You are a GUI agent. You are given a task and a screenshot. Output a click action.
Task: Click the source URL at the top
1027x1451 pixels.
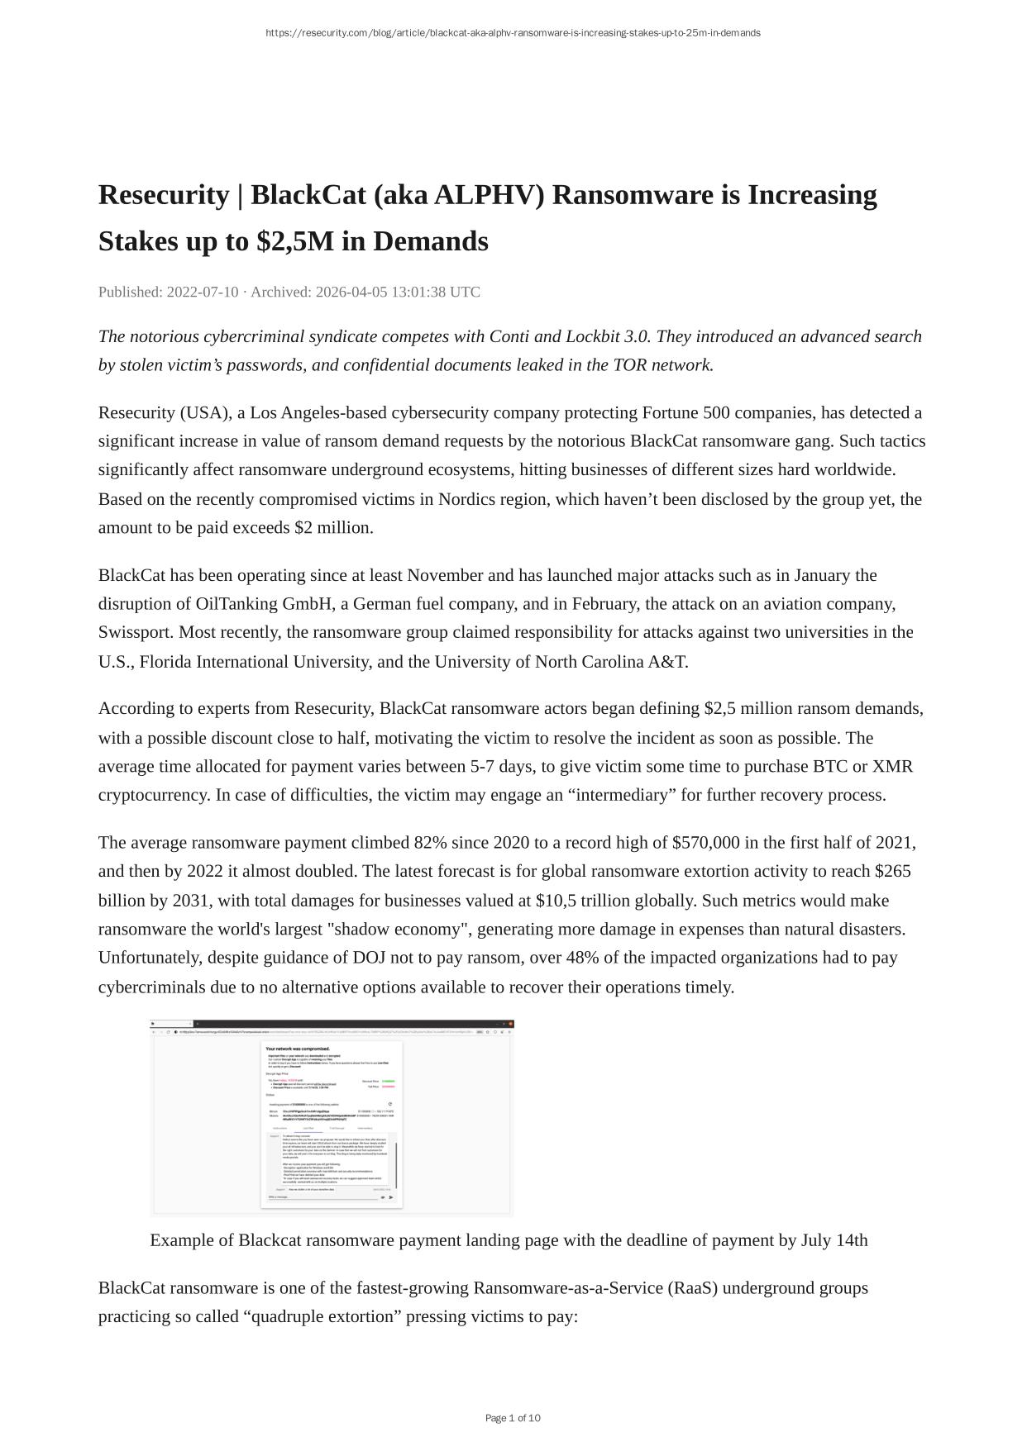513,33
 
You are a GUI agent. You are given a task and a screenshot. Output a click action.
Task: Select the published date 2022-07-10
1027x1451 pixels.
203,292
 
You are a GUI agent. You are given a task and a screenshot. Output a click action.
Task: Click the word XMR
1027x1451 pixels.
892,766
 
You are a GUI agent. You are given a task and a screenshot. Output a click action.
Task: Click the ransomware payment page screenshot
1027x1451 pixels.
332,1117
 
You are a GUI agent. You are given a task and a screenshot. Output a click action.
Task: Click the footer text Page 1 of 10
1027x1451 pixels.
513,1418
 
